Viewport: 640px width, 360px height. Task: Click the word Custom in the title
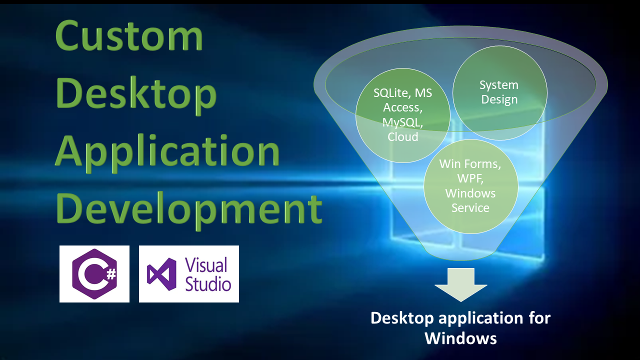(x=129, y=35)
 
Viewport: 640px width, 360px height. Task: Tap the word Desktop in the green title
(x=136, y=95)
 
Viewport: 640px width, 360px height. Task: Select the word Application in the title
(x=167, y=152)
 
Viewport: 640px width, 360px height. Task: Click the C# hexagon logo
(x=94, y=274)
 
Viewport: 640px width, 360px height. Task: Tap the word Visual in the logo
(x=206, y=265)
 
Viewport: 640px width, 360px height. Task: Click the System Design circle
(x=499, y=93)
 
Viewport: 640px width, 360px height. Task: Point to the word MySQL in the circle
(x=402, y=122)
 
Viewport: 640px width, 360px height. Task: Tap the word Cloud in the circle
(x=403, y=137)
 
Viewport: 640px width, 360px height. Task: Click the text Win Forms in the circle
(x=470, y=164)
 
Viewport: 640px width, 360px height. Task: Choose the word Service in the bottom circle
(x=470, y=207)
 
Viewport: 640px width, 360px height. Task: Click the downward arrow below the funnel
(x=461, y=284)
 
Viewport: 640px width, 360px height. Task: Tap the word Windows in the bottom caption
(x=460, y=338)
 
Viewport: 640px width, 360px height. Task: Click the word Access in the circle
(x=402, y=107)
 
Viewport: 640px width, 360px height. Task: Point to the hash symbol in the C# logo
(x=111, y=274)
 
